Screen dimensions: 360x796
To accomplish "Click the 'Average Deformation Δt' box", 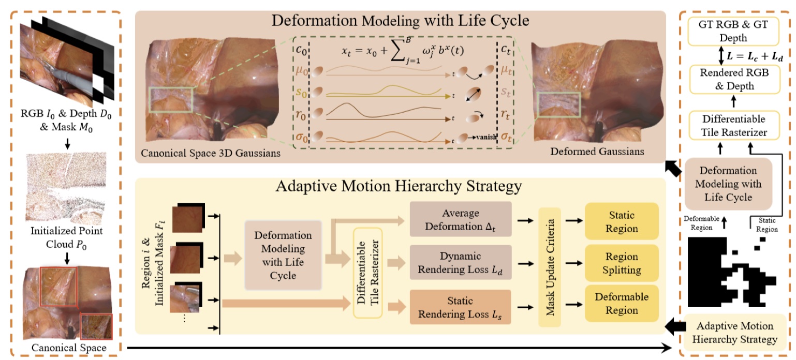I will pos(460,219).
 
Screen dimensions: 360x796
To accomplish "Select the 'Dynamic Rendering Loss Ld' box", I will pos(460,262).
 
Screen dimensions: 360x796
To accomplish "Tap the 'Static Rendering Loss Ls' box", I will pos(460,307).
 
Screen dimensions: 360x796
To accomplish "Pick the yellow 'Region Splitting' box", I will pos(621,263).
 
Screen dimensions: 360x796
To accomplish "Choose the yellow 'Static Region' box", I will pos(621,221).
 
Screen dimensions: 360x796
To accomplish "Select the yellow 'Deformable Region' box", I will pos(621,304).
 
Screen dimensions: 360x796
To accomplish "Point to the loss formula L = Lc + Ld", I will pos(751,55).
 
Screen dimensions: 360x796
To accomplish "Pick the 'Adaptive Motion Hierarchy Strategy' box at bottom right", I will pos(735,333).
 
